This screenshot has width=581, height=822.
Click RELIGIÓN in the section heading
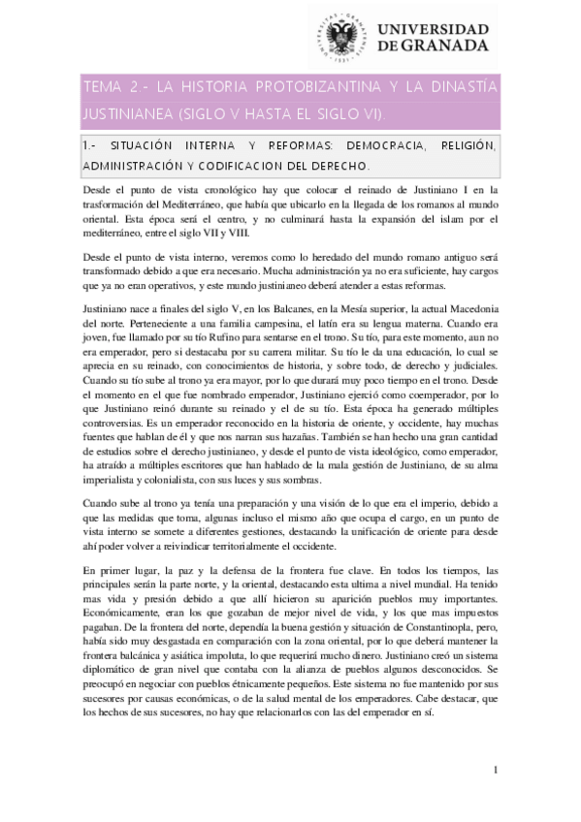[465, 145]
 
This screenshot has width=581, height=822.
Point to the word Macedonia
[465, 307]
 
